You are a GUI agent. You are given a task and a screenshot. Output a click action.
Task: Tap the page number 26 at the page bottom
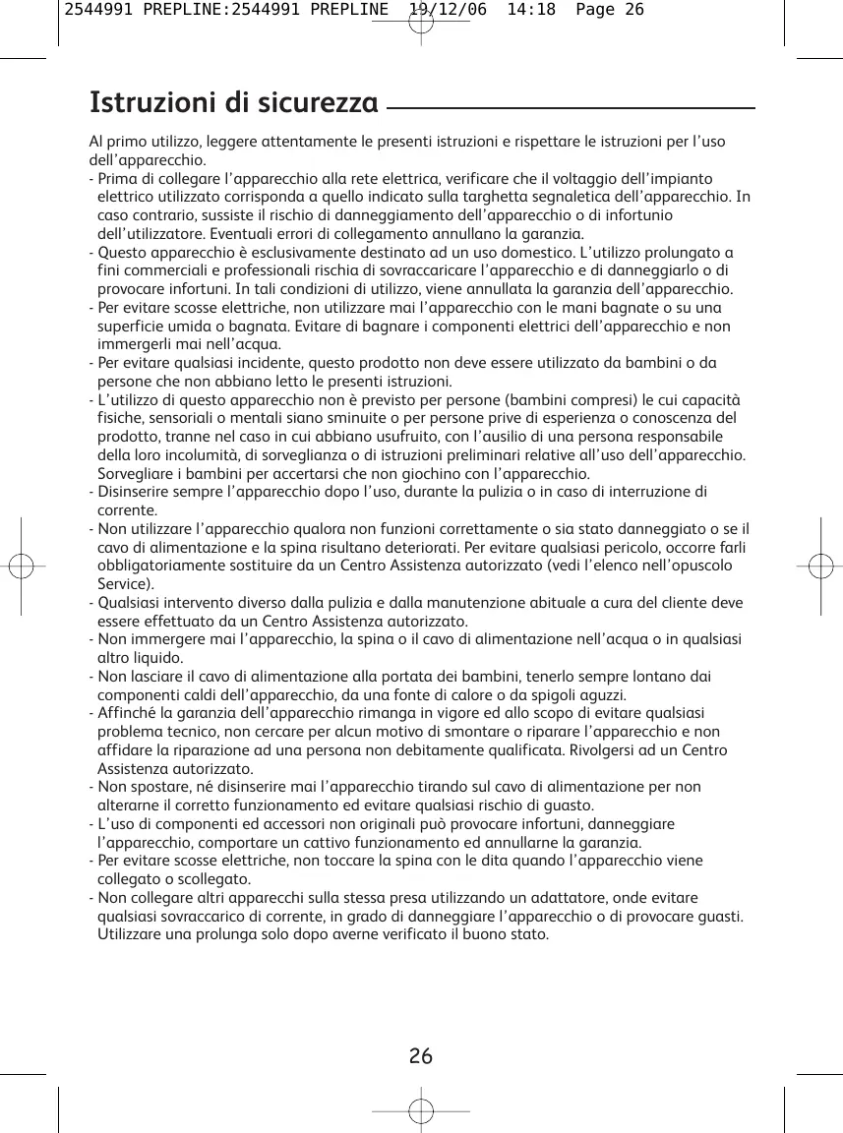click(x=421, y=1057)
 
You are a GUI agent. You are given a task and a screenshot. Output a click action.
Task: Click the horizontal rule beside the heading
click(x=571, y=108)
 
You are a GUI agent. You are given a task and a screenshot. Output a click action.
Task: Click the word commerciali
click(x=156, y=270)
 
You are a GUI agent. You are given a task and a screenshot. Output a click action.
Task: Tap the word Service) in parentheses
click(x=126, y=584)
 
